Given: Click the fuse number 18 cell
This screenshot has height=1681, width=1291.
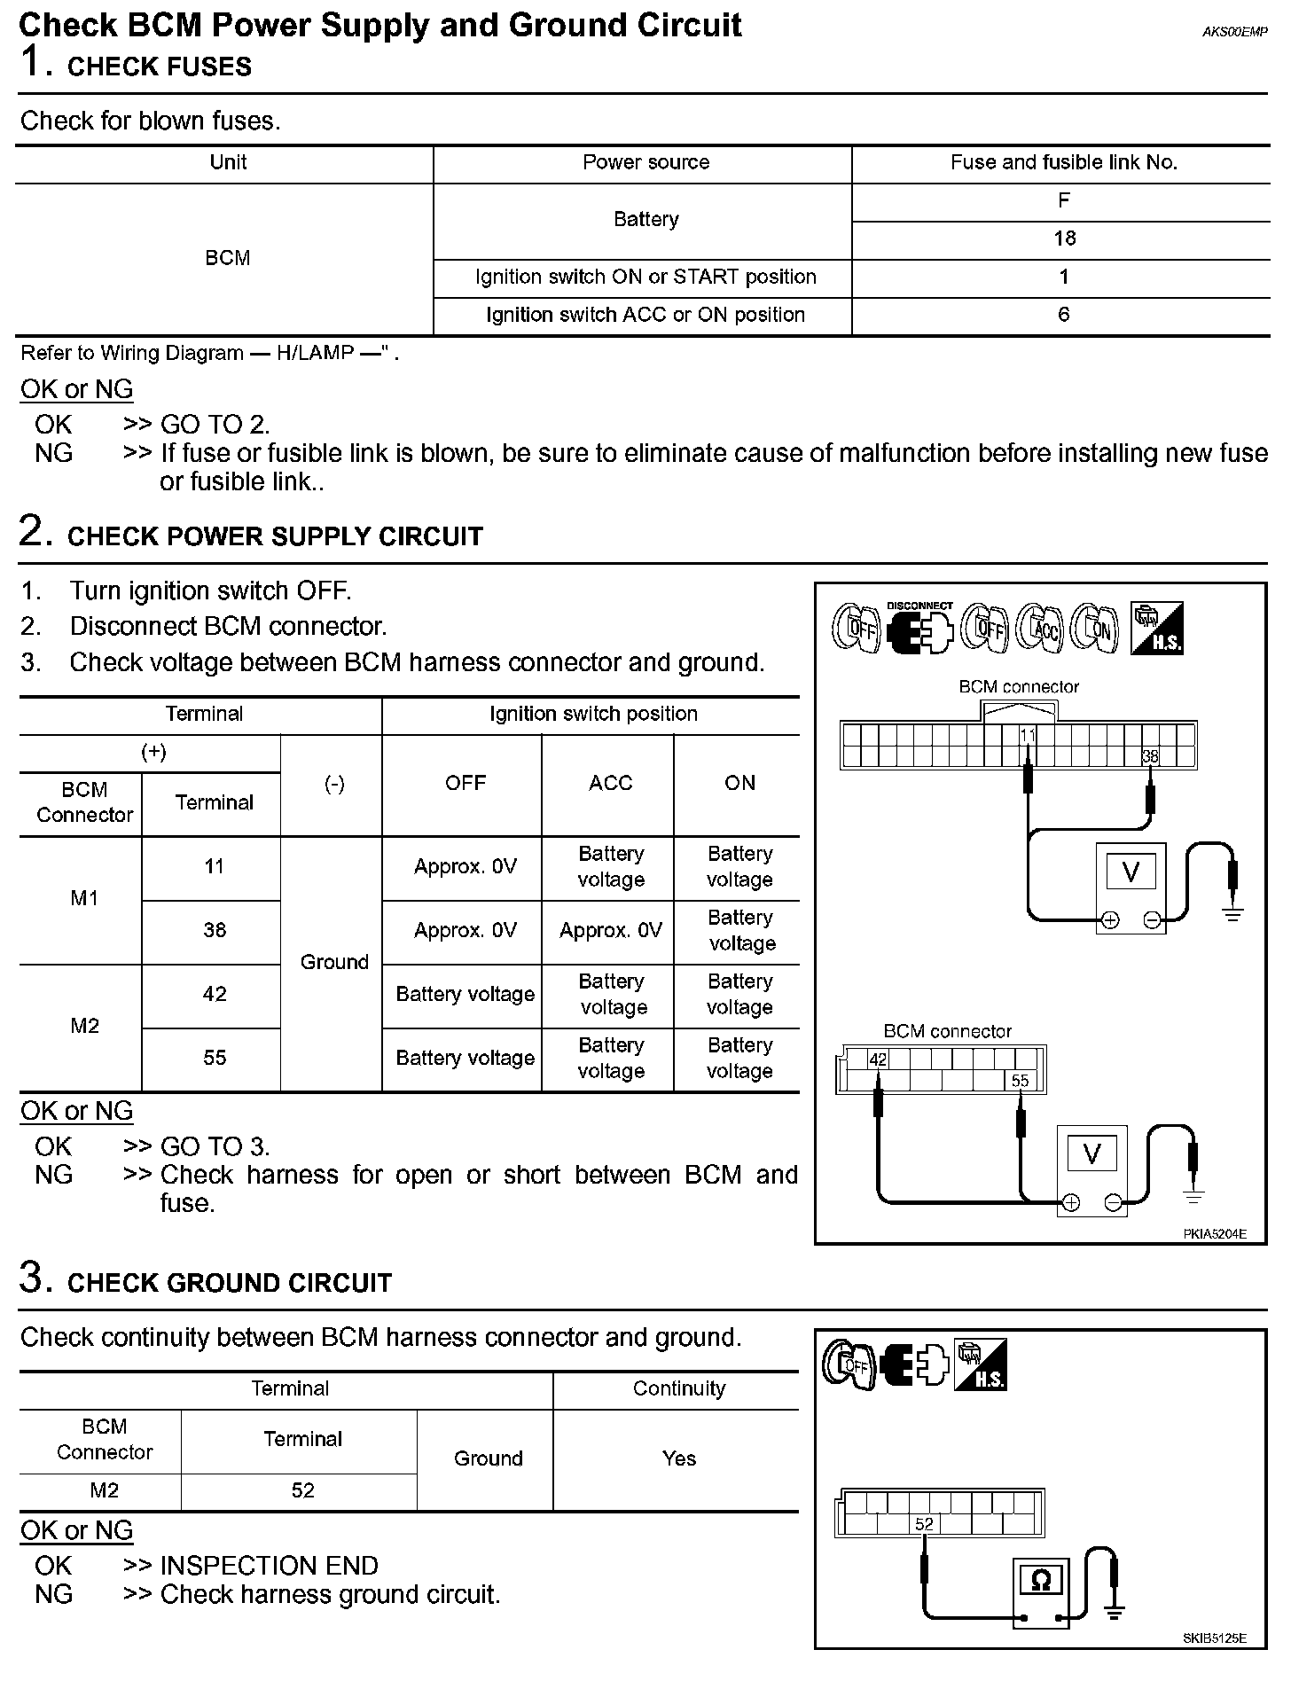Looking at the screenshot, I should point(1064,238).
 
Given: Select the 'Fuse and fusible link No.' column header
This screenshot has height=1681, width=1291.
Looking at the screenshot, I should point(1063,162).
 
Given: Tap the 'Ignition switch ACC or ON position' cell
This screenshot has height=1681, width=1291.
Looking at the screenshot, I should point(645,315).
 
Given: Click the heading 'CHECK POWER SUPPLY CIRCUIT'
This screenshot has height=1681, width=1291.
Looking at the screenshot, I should point(275,536).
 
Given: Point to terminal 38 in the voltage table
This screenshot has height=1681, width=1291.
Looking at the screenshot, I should point(215,930).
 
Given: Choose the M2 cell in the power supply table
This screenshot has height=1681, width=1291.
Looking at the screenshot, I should point(84,1026).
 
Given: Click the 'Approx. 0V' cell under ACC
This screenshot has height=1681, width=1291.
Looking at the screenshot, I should point(610,930).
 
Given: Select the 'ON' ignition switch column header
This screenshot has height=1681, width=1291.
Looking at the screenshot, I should point(739,783).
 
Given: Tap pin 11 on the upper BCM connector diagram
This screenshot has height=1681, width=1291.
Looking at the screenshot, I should point(1027,735).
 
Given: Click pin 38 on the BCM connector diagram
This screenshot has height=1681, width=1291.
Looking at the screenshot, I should point(1149,756).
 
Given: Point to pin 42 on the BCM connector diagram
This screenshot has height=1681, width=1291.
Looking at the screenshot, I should point(877,1059).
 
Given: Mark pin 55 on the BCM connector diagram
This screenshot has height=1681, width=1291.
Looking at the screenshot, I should point(1020,1081).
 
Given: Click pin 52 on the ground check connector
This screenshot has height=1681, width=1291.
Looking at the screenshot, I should point(924,1524).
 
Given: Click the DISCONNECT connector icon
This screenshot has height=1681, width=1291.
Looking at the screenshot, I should point(919,629).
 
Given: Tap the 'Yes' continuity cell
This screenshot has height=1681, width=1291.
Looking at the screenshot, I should point(678,1458).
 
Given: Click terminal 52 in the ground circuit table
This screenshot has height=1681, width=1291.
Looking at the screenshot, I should point(302,1490).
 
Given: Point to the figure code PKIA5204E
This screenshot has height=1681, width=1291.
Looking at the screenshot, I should point(1214,1233).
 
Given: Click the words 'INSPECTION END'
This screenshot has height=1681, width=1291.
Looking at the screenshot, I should point(269,1565).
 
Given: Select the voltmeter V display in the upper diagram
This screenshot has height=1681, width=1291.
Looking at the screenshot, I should point(1131,872).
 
